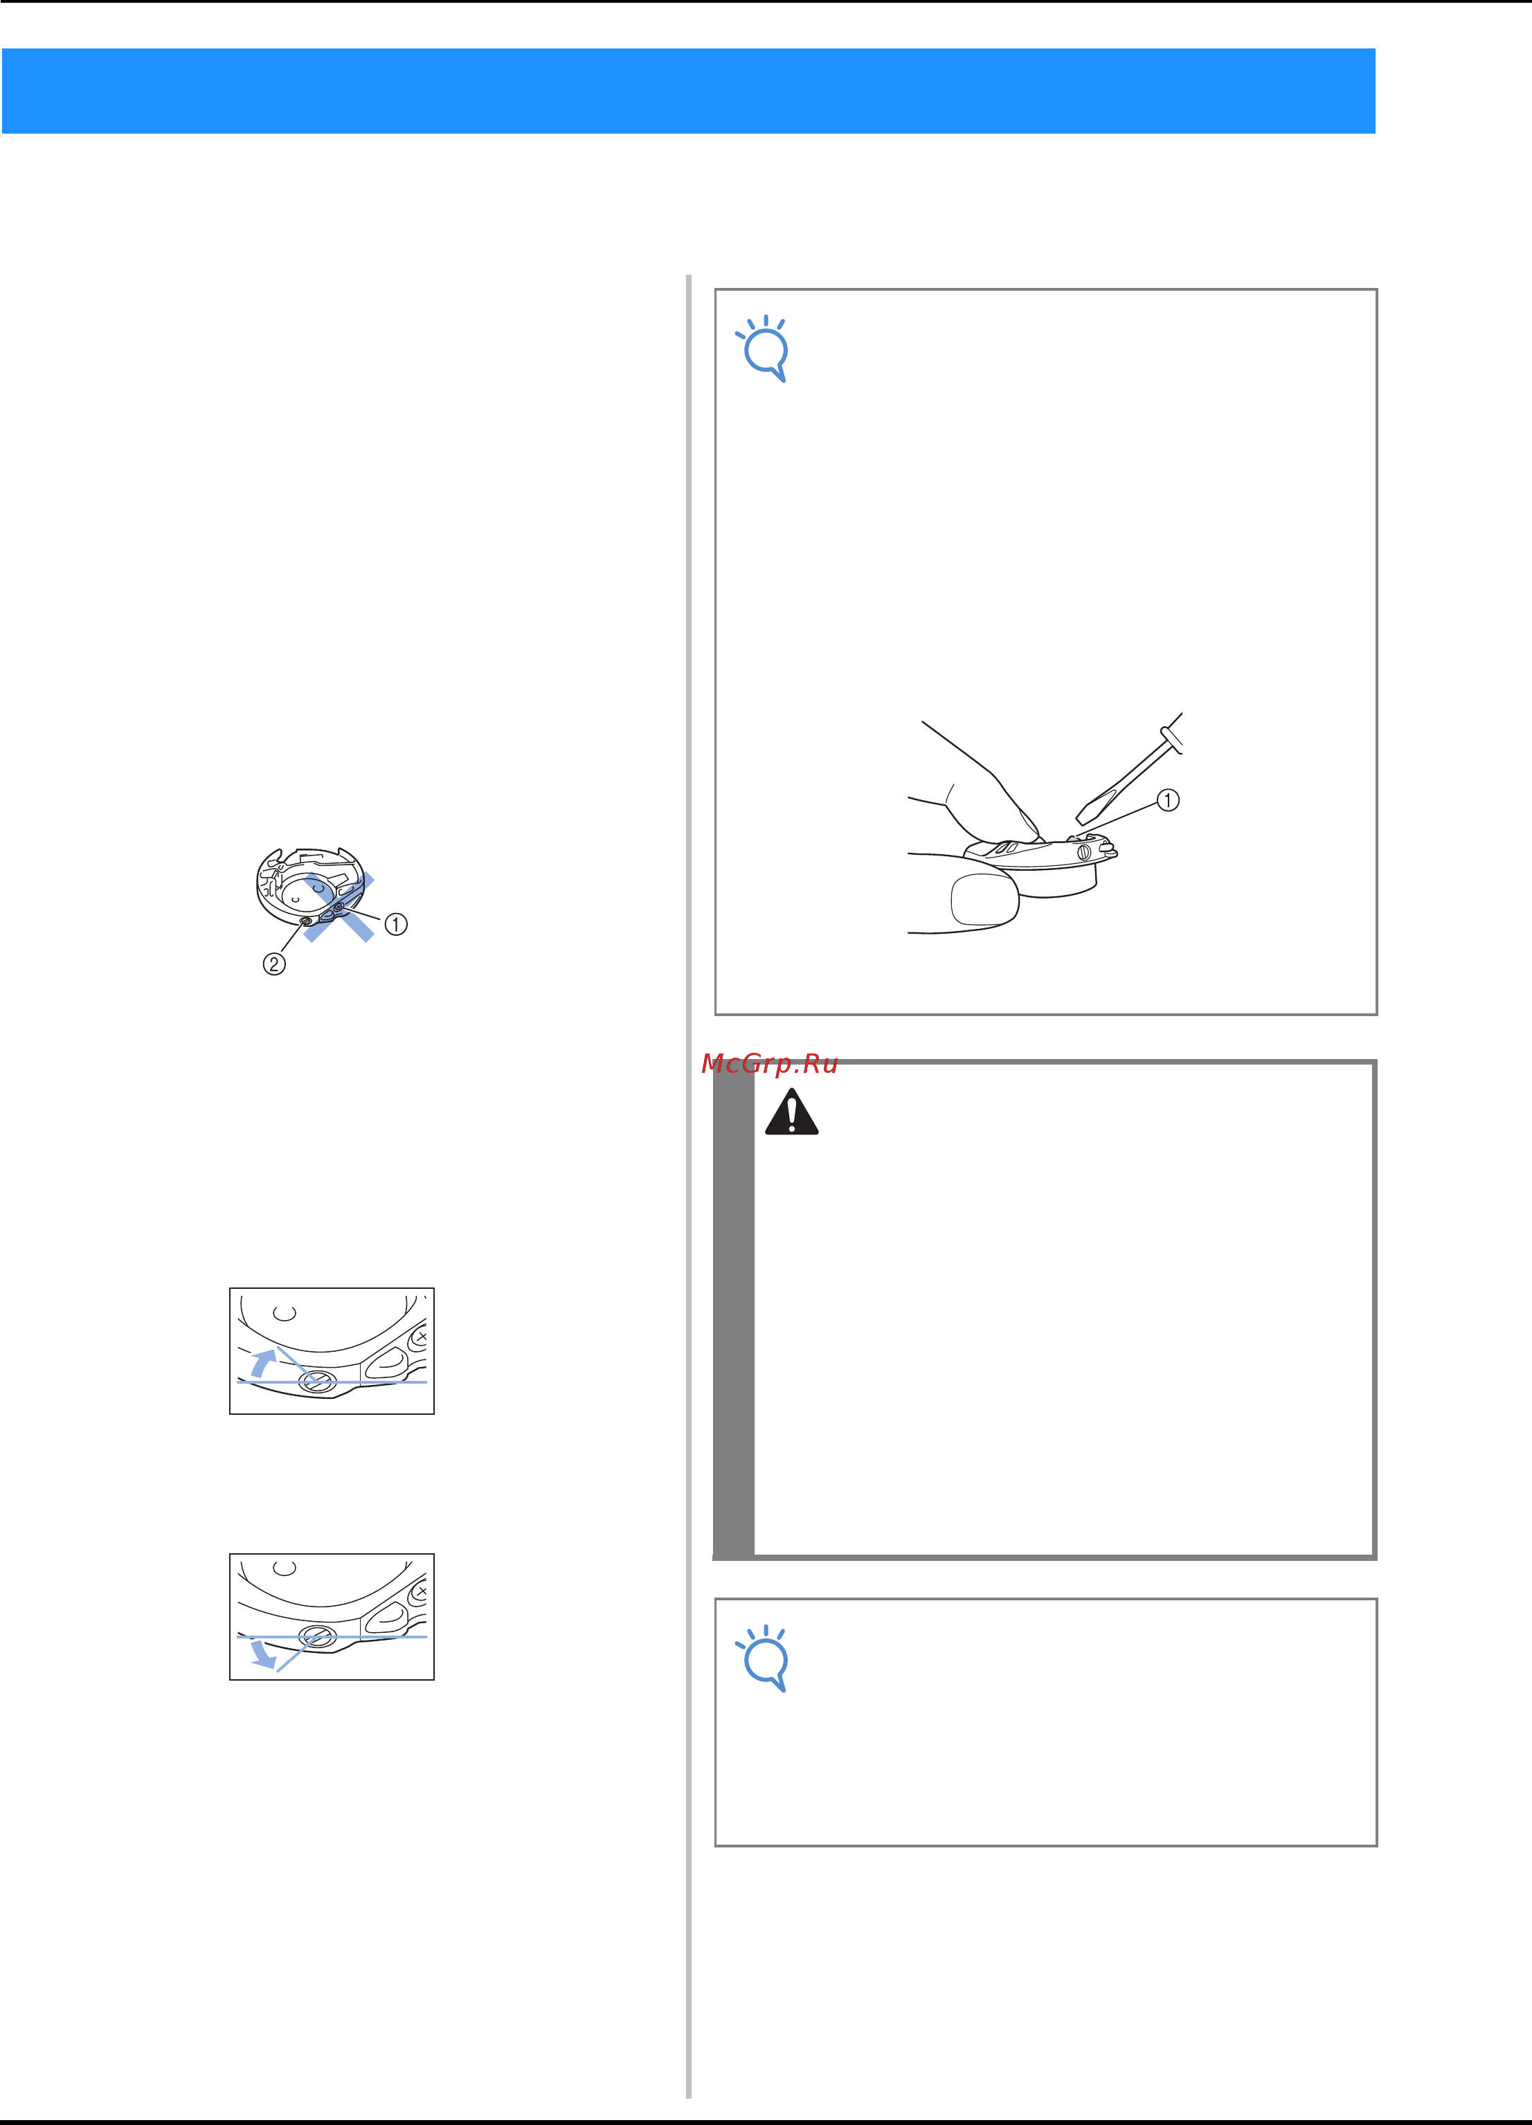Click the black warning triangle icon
(x=792, y=1112)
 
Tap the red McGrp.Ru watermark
(x=769, y=1065)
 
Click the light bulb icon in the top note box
(x=764, y=349)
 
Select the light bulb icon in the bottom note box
(x=764, y=1658)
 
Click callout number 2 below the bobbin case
(x=273, y=964)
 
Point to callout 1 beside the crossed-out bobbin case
(x=397, y=925)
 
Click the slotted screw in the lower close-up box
(x=318, y=1637)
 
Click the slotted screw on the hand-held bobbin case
(x=1084, y=853)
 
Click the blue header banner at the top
(x=689, y=91)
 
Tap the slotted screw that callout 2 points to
(x=307, y=923)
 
